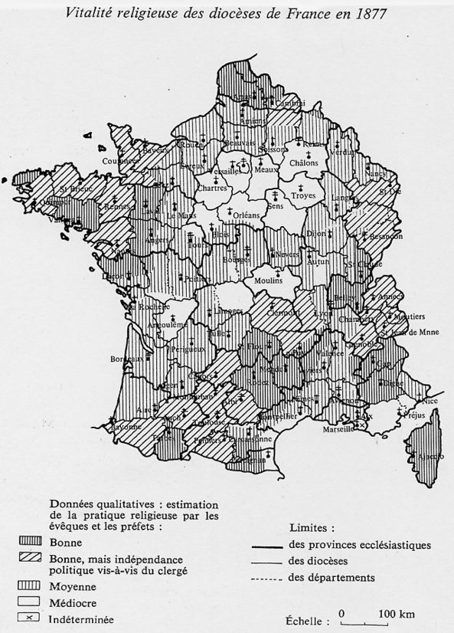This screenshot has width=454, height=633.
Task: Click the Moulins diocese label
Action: pyautogui.click(x=267, y=280)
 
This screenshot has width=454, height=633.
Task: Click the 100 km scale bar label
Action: pyautogui.click(x=397, y=614)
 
